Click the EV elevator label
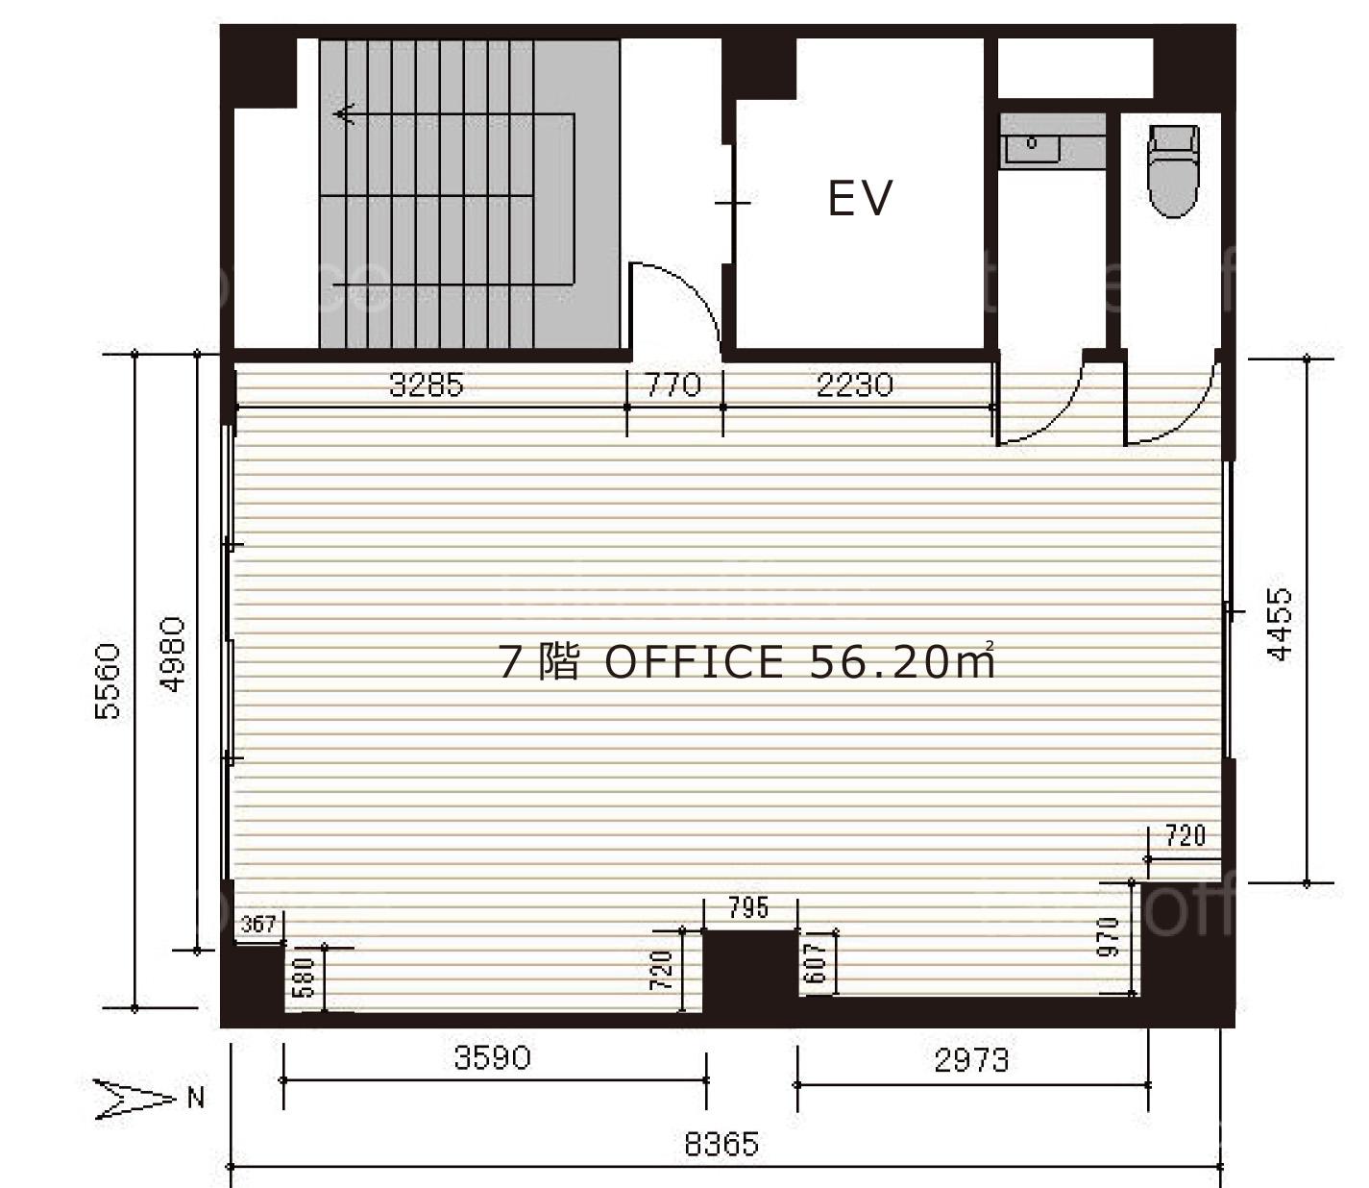click(860, 198)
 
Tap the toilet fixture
click(1173, 171)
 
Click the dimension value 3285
click(427, 384)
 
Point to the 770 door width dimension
click(673, 384)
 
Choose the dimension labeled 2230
click(854, 384)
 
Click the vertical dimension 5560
click(108, 681)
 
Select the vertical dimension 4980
click(172, 654)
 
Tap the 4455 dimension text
click(1280, 624)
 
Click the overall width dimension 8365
click(721, 1145)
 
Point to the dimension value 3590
click(493, 1057)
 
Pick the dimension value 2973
click(971, 1059)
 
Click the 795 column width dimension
click(748, 907)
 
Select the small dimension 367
click(258, 925)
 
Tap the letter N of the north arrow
click(195, 1099)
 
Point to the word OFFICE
click(694, 662)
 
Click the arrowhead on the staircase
click(343, 114)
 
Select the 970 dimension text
click(1108, 937)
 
